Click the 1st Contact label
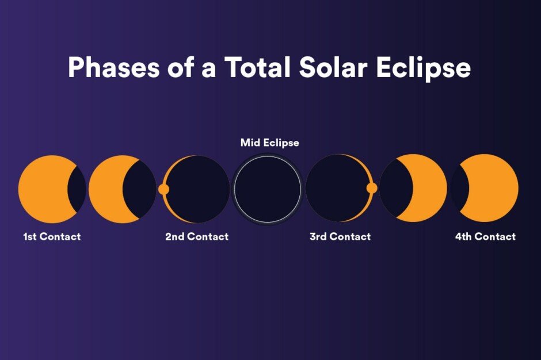click(52, 236)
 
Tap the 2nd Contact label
click(197, 236)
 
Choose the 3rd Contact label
click(340, 236)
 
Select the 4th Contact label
click(485, 236)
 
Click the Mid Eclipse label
click(269, 143)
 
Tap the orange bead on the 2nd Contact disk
click(163, 189)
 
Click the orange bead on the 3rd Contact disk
click(372, 188)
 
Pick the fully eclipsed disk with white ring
click(268, 189)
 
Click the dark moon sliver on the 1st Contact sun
click(77, 189)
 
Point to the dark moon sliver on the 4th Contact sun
click(459, 189)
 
